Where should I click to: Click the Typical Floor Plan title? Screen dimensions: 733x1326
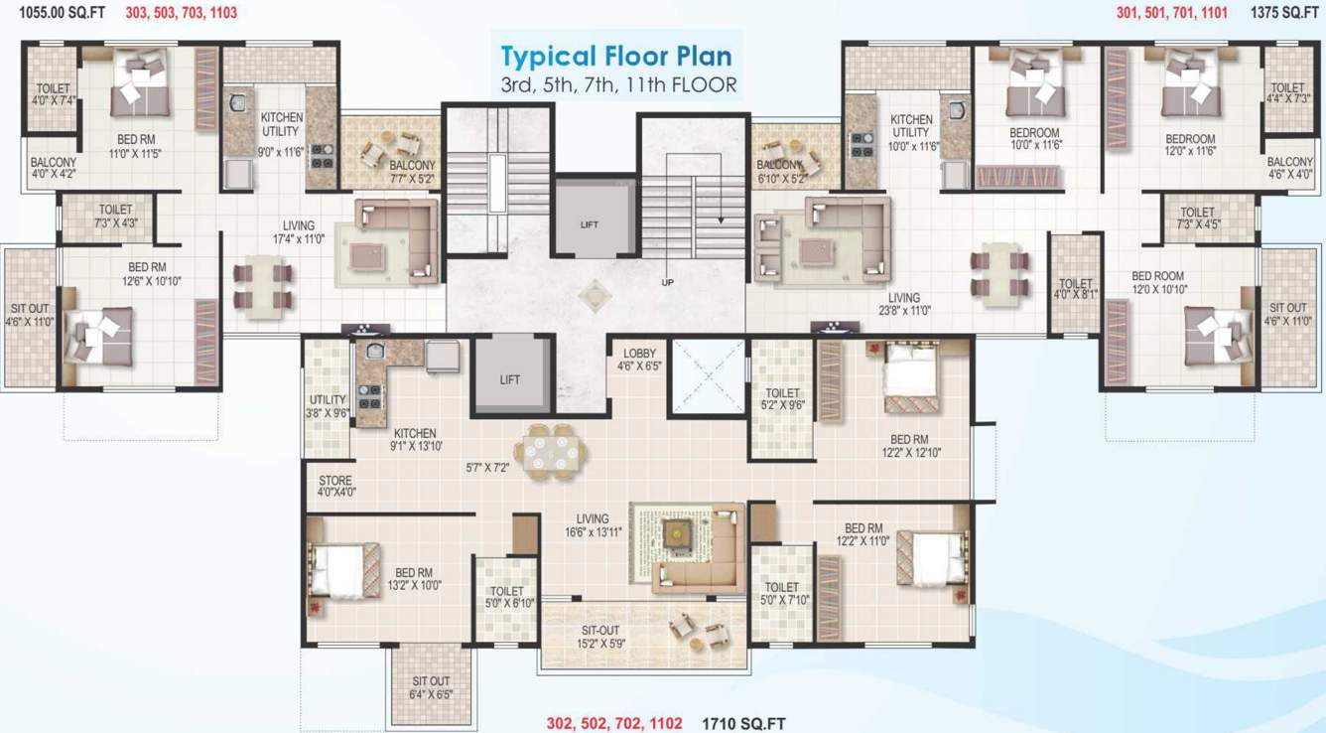(x=616, y=56)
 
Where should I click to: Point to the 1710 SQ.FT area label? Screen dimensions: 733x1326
(x=744, y=723)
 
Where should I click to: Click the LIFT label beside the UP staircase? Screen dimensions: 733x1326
(x=590, y=224)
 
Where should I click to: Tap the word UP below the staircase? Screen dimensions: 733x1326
(x=667, y=283)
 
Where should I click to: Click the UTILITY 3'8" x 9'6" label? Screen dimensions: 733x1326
(x=327, y=406)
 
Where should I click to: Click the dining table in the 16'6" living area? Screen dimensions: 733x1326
(x=553, y=453)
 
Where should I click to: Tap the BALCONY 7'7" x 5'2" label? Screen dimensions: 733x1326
(x=412, y=172)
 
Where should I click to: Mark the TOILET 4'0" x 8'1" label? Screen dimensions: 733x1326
(x=1075, y=289)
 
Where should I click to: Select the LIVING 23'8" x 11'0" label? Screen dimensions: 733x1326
(x=904, y=304)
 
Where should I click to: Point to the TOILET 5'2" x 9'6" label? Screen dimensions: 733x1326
(x=783, y=399)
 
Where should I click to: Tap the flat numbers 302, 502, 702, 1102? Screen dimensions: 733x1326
(x=614, y=723)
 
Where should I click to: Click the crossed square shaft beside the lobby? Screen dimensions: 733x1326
(x=708, y=375)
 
